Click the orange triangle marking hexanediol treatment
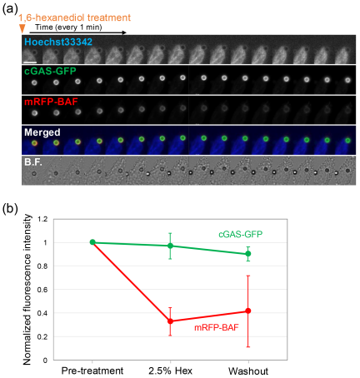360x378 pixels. tap(22, 28)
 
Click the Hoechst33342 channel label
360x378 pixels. tap(58, 42)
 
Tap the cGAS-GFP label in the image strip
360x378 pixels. tap(50, 71)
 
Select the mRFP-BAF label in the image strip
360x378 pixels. tap(51, 102)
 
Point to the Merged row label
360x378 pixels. tap(42, 132)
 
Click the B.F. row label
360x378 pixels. tap(33, 162)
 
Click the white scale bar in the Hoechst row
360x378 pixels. tap(32, 62)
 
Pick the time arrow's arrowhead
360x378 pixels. tap(124, 32)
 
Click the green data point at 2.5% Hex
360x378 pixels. tap(170, 246)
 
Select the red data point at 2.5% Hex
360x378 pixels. tap(170, 321)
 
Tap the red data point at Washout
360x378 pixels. tap(248, 311)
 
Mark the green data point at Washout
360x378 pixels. tap(248, 254)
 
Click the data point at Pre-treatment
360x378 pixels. tap(92, 242)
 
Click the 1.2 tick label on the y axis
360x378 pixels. tap(42, 219)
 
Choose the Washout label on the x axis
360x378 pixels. tap(248, 371)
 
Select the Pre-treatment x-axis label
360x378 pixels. tap(92, 371)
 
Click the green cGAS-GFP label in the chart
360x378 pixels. tap(241, 235)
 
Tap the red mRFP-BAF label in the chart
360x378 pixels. tap(217, 328)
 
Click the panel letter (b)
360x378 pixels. tap(10, 209)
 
